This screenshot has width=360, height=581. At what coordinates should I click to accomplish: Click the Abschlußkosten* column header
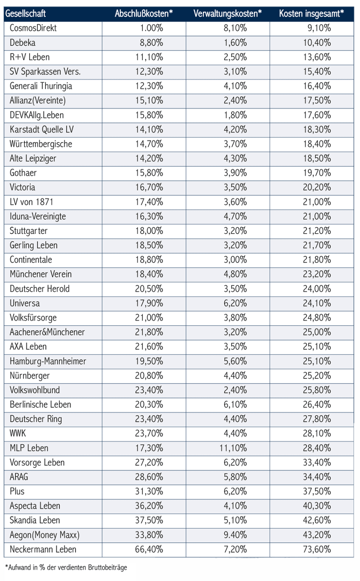pos(144,14)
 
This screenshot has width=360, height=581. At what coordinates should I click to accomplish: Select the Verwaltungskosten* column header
pos(228,14)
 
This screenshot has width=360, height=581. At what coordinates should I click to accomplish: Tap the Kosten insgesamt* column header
pos(312,14)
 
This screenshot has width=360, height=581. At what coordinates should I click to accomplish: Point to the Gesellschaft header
pos(25,14)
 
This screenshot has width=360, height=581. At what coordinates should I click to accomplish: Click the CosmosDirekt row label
pos(33,28)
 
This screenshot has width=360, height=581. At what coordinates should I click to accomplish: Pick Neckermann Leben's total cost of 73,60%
pos(317,549)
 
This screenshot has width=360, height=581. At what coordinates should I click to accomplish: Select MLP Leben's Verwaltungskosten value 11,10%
pos(233,448)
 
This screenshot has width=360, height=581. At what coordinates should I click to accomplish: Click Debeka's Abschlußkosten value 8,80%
pos(151,43)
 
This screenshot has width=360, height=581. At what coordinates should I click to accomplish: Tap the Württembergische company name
pos(41,144)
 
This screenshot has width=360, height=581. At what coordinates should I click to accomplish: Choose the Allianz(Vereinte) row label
pos(38,100)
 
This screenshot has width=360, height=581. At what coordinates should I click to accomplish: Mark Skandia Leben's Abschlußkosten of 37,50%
pos(149,520)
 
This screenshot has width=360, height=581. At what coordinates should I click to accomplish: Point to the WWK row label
pos(18,433)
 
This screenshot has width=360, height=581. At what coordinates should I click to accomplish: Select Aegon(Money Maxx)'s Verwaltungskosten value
pos(235,535)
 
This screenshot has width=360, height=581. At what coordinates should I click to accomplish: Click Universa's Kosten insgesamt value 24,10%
pos(317,303)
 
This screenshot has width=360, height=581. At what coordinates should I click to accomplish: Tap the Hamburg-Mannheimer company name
pos(48,361)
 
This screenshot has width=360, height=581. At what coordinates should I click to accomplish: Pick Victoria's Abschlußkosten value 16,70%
pos(149,187)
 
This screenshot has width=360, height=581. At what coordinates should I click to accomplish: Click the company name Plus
pos(17,491)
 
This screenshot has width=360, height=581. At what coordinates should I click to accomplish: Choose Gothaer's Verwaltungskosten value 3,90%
pos(235,173)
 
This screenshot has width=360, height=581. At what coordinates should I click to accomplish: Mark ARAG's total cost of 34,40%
pos(317,477)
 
